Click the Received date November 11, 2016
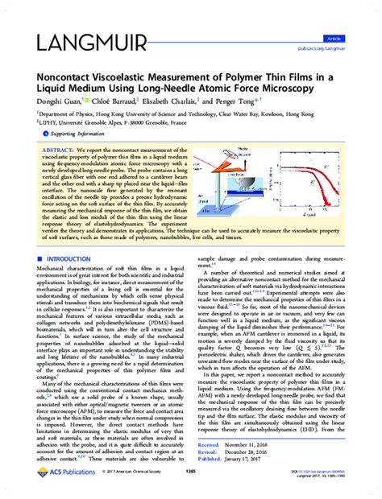pyautogui.click(x=264, y=446)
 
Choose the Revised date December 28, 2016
pyautogui.click(x=264, y=454)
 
